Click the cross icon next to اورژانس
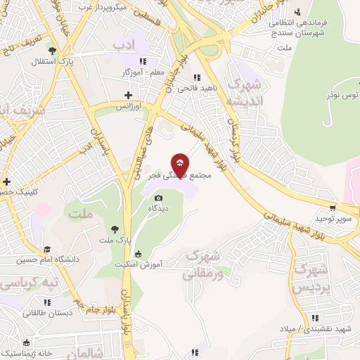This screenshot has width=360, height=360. [x=128, y=95]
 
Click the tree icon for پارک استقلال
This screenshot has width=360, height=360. [x=53, y=50]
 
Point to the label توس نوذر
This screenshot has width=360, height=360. [x=342, y=94]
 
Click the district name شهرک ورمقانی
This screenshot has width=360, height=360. [x=203, y=264]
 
